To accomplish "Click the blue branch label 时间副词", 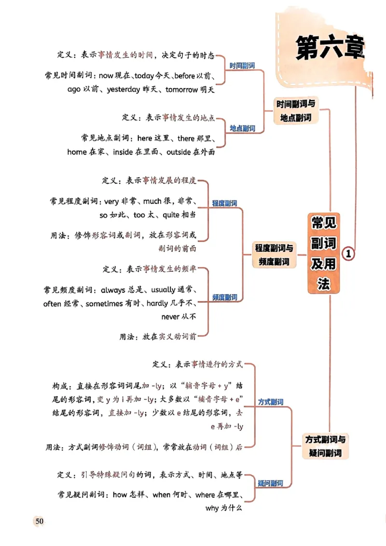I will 242,66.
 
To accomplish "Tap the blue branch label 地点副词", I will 242,128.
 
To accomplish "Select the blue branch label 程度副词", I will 225,204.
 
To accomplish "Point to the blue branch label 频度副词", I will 225,297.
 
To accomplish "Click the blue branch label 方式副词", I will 271,401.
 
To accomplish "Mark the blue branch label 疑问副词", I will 270,483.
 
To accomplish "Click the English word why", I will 212,508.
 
